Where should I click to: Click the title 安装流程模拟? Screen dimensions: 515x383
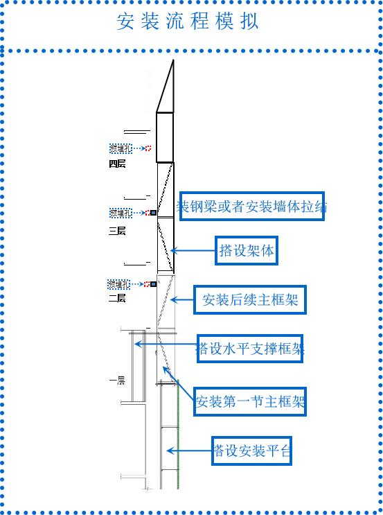(x=188, y=22)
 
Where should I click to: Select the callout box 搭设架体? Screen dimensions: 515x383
(x=247, y=251)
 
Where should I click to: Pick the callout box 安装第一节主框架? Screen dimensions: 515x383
(x=249, y=401)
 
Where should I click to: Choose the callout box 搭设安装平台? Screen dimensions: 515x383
(x=251, y=451)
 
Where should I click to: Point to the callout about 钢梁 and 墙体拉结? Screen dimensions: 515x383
(x=252, y=206)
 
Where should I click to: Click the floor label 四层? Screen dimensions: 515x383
(x=117, y=164)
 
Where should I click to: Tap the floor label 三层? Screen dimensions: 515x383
(x=117, y=231)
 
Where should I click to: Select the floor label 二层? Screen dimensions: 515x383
(x=117, y=298)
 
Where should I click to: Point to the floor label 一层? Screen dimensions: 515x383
(x=117, y=380)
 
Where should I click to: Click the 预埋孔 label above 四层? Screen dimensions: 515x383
(x=119, y=148)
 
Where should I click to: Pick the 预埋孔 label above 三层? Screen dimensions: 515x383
(x=119, y=213)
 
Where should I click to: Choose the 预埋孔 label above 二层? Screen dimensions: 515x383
(x=118, y=284)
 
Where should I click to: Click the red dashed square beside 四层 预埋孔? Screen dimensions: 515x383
(x=148, y=148)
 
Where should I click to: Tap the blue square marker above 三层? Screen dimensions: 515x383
(x=153, y=213)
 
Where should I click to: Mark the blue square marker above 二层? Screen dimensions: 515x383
(x=153, y=284)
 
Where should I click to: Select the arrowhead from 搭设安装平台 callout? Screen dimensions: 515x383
(x=170, y=451)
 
